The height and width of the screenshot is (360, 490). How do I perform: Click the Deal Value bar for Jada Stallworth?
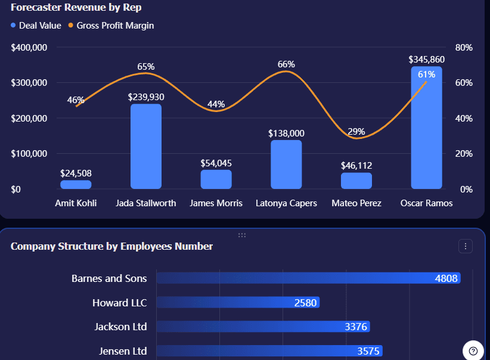[146, 147]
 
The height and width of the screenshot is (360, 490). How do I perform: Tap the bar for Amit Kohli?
[76, 185]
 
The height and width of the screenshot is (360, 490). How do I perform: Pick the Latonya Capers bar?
[286, 165]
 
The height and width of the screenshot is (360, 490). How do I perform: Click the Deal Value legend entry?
[36, 26]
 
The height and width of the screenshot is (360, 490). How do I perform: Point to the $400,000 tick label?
[29, 48]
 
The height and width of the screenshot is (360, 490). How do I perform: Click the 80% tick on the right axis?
[464, 48]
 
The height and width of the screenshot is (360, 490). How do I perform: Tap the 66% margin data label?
[286, 64]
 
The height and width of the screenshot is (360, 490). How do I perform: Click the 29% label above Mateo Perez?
[356, 131]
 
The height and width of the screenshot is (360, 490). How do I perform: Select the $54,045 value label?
[216, 163]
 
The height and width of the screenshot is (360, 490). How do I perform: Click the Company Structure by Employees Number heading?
[111, 246]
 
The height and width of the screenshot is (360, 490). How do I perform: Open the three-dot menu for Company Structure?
[466, 246]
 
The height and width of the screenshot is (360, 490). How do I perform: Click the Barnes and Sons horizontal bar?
[308, 278]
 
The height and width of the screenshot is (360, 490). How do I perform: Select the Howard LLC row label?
[119, 303]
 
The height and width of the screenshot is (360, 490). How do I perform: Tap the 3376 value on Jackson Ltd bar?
[356, 327]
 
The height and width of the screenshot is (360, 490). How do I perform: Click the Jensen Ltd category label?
[123, 351]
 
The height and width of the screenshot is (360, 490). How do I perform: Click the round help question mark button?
[473, 350]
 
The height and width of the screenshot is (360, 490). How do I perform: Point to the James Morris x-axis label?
[216, 203]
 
